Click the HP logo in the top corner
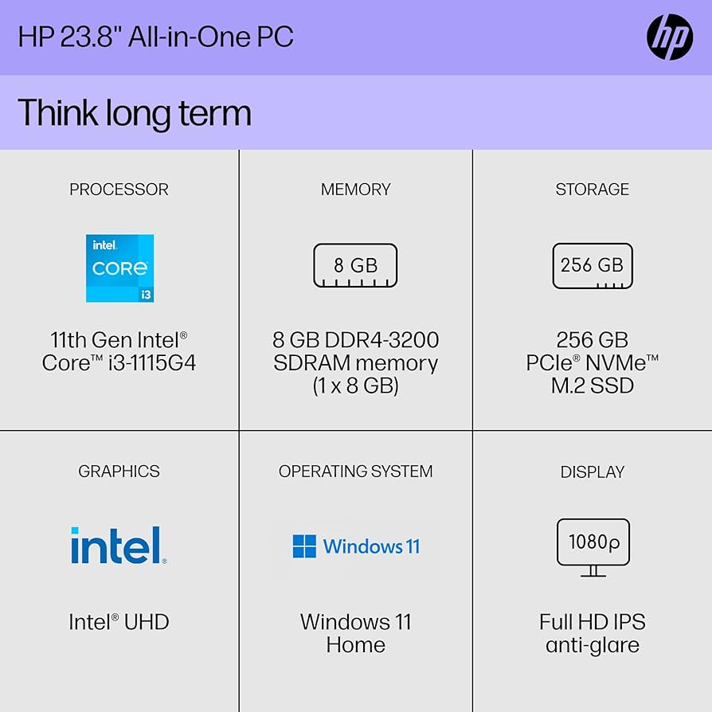pyautogui.click(x=670, y=37)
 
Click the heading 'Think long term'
pyautogui.click(x=135, y=112)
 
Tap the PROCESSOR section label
pyautogui.click(x=119, y=190)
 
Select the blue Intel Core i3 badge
pyautogui.click(x=119, y=268)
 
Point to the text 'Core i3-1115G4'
pyautogui.click(x=119, y=363)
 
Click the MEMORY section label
pyautogui.click(x=355, y=190)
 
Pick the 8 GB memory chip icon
pyautogui.click(x=355, y=265)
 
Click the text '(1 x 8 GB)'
pyautogui.click(x=355, y=385)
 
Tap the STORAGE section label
pyautogui.click(x=592, y=190)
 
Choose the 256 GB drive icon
pyautogui.click(x=592, y=265)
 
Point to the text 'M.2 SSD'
pyautogui.click(x=592, y=385)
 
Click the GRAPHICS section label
pyautogui.click(x=119, y=471)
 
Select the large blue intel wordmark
pyautogui.click(x=119, y=546)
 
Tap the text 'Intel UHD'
pyautogui.click(x=119, y=622)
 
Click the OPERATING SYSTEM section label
pyautogui.click(x=355, y=471)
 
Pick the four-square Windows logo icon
pyautogui.click(x=304, y=546)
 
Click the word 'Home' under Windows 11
pyautogui.click(x=355, y=644)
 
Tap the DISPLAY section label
pyautogui.click(x=592, y=471)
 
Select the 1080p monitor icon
pyautogui.click(x=593, y=547)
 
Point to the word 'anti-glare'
pyautogui.click(x=592, y=644)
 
